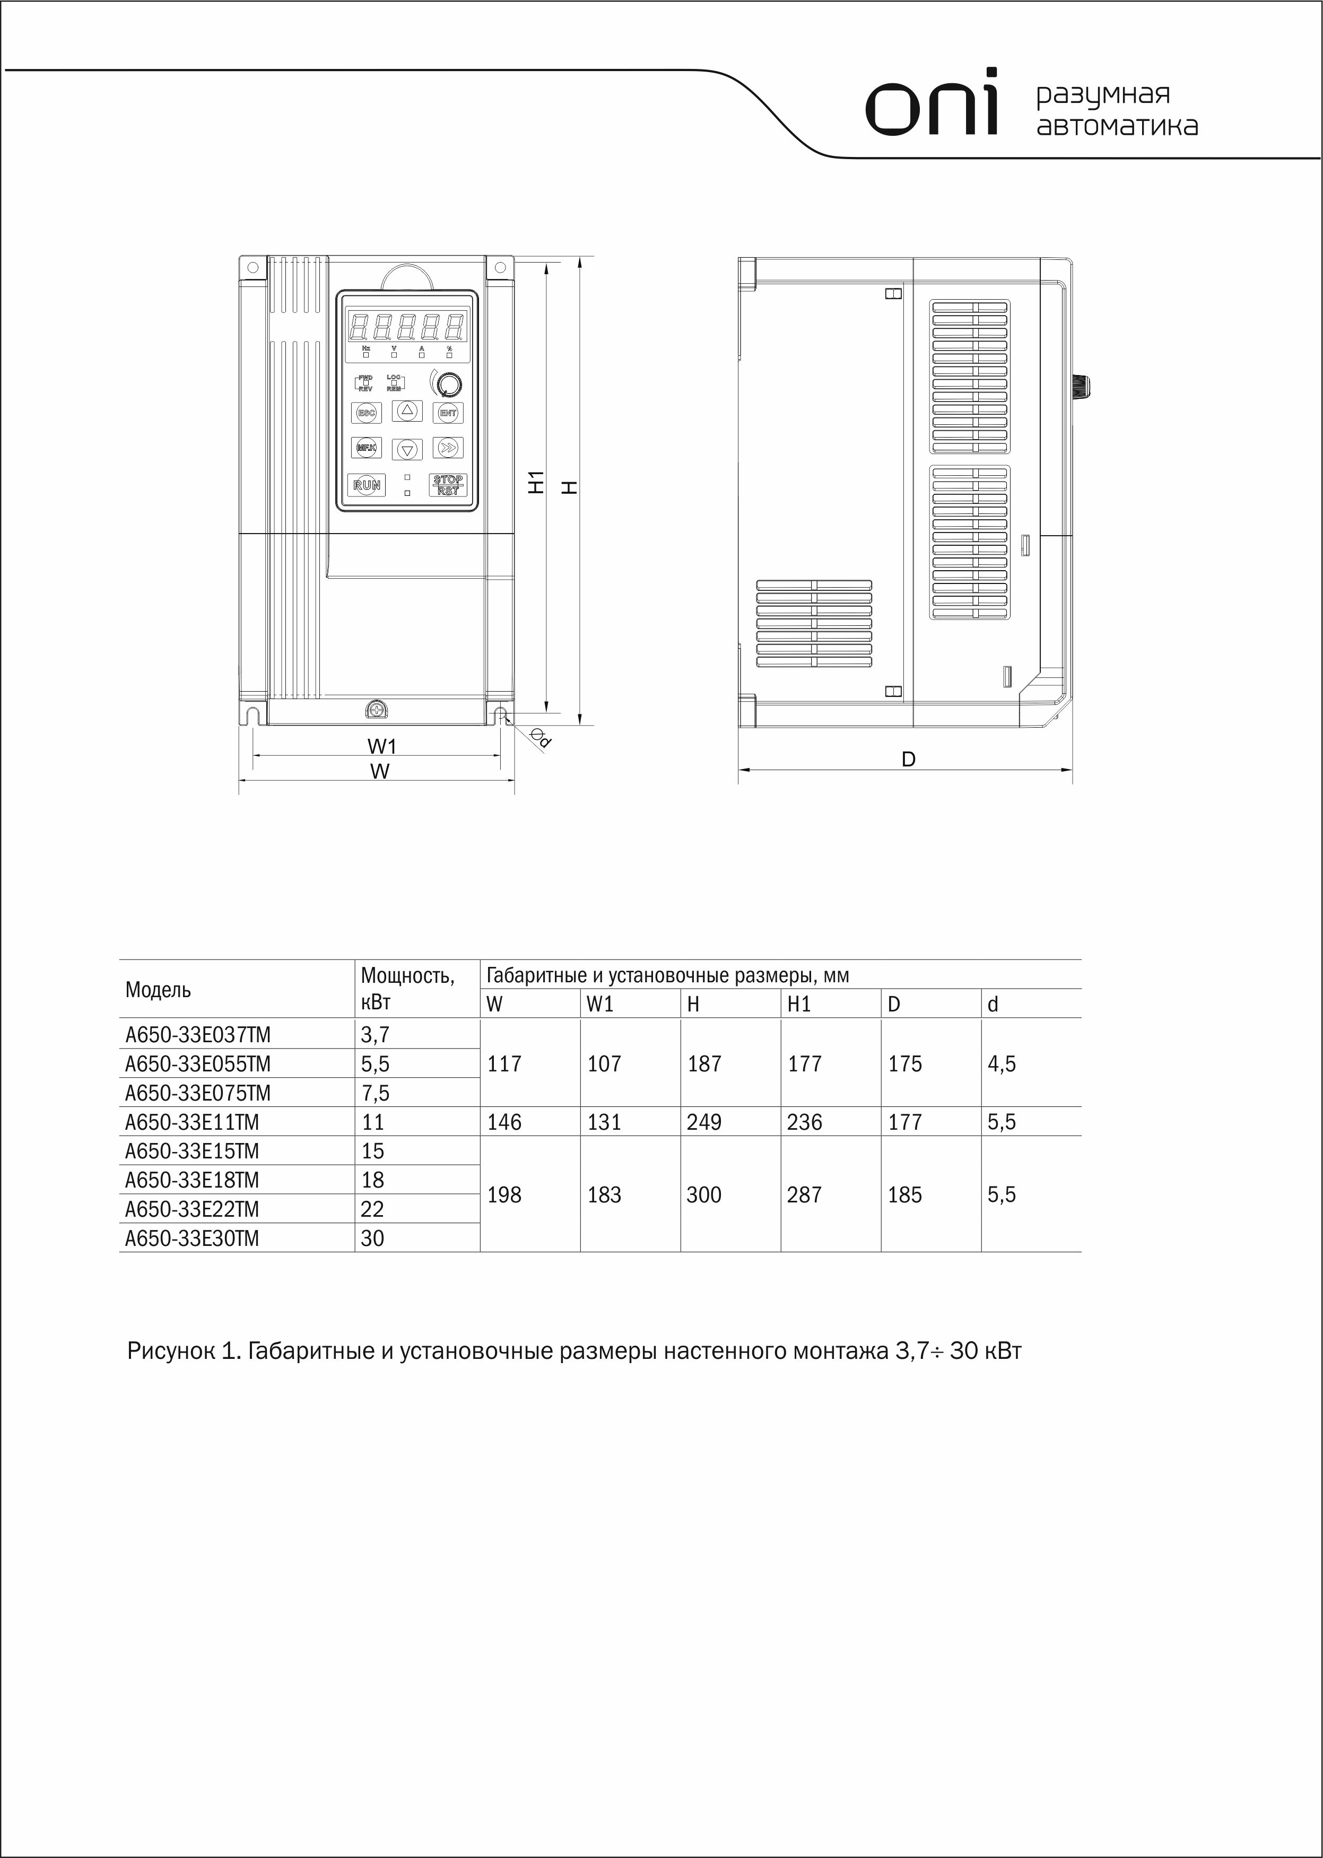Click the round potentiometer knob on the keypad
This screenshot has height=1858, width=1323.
(x=447, y=383)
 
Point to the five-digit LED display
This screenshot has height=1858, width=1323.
(x=406, y=327)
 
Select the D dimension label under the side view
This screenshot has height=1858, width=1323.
(x=908, y=759)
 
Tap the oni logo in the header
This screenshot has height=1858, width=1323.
(x=931, y=103)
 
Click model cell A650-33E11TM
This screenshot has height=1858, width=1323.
(x=192, y=1122)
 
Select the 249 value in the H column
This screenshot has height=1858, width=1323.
(x=704, y=1122)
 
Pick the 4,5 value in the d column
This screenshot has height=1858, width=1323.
(x=1002, y=1064)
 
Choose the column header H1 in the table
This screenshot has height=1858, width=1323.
(x=799, y=1005)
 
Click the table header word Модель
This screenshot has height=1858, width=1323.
(x=158, y=990)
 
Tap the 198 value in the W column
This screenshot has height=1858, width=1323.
(x=504, y=1195)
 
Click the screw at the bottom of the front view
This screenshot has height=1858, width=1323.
(x=377, y=710)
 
